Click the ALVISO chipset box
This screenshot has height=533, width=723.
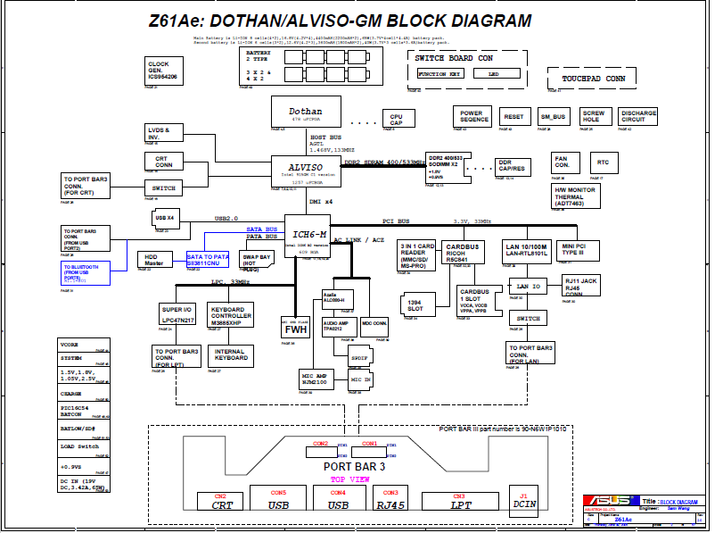[306, 171]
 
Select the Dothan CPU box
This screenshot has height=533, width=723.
[306, 113]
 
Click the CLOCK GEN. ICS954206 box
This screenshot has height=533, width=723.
[162, 71]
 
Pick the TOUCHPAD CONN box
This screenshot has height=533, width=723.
[593, 79]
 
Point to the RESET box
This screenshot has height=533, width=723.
[513, 117]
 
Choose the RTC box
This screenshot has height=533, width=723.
[604, 162]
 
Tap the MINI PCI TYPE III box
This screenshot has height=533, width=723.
[575, 251]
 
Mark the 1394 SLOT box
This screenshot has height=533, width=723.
[415, 305]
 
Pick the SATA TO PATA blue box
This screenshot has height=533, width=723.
[208, 261]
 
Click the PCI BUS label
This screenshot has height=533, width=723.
[396, 221]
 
